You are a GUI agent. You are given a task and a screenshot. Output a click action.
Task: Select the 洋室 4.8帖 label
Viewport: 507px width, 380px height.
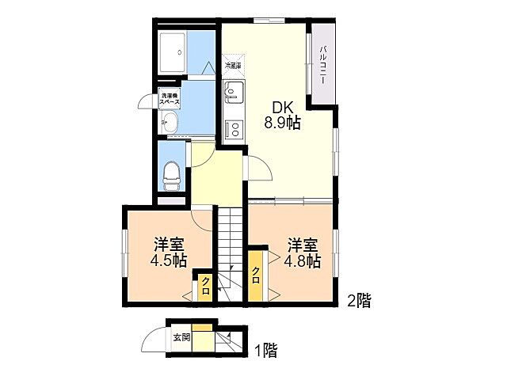[302, 253]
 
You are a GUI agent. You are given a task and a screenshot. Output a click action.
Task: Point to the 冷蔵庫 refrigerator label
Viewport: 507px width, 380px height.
[234, 66]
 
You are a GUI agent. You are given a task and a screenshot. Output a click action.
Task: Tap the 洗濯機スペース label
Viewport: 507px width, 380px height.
[170, 99]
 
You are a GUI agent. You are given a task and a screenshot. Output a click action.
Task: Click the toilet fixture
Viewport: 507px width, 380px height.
[170, 174]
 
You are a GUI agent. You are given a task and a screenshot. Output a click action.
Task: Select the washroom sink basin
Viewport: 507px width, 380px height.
[169, 123]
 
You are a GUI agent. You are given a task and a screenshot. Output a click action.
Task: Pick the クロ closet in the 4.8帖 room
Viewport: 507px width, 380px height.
[257, 276]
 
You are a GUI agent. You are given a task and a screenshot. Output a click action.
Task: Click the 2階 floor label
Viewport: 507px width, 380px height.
[358, 300]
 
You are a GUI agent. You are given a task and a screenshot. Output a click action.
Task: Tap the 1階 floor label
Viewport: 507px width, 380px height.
[265, 349]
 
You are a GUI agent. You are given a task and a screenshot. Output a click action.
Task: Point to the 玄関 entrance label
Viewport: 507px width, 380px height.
[181, 337]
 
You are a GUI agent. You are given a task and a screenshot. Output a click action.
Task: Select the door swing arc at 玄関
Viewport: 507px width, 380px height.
[153, 340]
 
